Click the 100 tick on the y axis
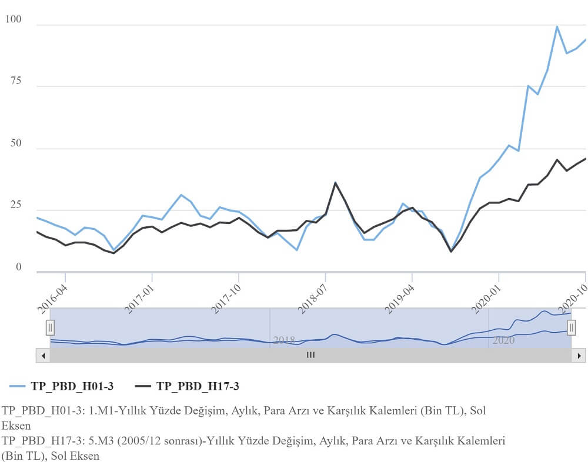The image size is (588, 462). click(x=13, y=19)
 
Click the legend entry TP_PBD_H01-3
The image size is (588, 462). click(x=62, y=386)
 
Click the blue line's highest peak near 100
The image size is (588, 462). click(x=557, y=26)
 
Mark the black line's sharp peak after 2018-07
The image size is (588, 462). click(x=335, y=182)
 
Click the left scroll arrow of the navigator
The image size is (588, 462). click(x=42, y=355)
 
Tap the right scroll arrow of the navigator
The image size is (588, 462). click(x=579, y=355)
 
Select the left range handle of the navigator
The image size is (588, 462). click(x=51, y=327)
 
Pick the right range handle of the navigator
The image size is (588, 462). click(x=571, y=327)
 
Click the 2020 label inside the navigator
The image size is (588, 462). click(x=503, y=340)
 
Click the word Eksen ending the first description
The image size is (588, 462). click(x=12, y=424)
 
